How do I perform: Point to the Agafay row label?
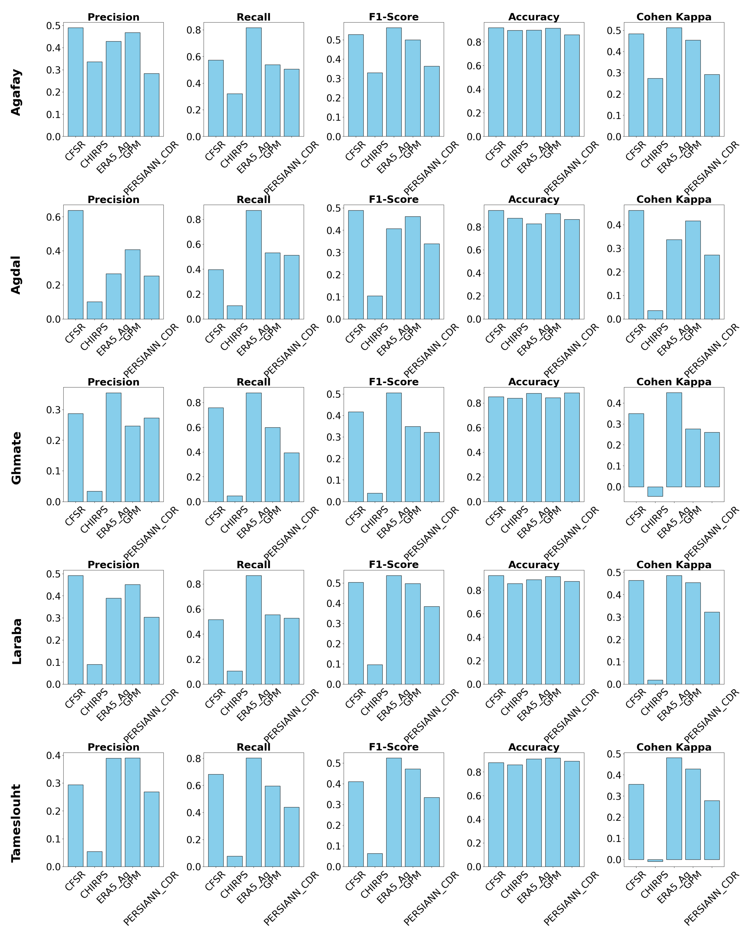coord(16,92)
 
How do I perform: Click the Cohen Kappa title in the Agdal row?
coord(674,200)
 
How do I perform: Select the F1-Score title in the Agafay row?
coord(394,17)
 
